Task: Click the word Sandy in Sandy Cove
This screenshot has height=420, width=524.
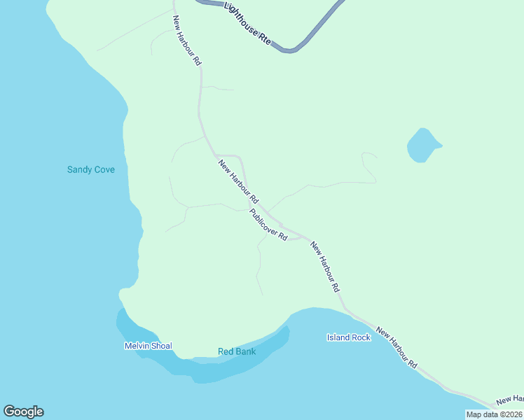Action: pos(79,169)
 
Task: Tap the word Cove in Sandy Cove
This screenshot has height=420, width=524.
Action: pos(104,169)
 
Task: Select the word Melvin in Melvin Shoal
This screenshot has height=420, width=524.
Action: pos(138,346)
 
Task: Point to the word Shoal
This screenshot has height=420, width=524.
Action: pos(162,346)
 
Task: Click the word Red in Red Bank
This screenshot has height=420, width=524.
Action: pos(226,351)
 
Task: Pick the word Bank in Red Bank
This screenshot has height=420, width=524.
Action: pos(245,351)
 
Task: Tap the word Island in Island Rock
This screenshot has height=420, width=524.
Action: pos(338,337)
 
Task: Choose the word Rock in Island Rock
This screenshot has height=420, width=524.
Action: pos(361,337)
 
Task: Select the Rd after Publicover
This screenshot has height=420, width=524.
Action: pos(283,237)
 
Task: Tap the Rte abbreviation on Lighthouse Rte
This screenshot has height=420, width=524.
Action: pos(265,41)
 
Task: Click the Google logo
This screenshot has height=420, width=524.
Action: pos(23,412)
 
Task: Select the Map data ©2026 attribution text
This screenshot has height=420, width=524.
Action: pos(494,414)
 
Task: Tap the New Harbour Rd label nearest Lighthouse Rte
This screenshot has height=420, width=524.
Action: pos(187,41)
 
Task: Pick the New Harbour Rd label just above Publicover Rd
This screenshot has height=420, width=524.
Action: pos(238,181)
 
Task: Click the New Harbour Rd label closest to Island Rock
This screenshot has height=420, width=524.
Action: pos(326,267)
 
